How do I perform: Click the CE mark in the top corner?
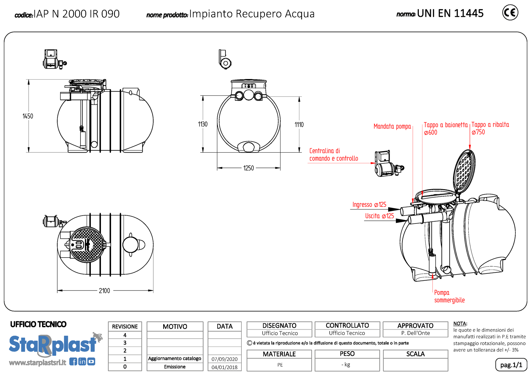tap(510, 13)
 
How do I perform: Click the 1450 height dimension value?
tap(28, 116)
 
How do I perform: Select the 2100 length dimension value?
tap(105, 291)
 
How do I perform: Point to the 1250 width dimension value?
tap(249, 168)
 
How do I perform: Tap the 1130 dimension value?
tap(203, 124)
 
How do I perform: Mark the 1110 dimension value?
tap(299, 125)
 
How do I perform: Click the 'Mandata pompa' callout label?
tap(392, 126)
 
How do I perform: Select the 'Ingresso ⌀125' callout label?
tap(369, 205)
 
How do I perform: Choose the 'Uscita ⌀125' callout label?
tap(380, 216)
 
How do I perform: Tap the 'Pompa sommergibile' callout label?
tap(449, 296)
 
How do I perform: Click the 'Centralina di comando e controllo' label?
tap(333, 155)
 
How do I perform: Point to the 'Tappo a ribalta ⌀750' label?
tap(490, 128)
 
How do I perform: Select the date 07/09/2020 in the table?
tap(225, 359)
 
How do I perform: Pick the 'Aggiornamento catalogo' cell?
tap(175, 359)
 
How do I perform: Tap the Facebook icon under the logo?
tap(73, 362)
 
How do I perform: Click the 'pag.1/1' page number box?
tap(511, 365)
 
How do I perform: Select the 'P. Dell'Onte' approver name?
tap(415, 333)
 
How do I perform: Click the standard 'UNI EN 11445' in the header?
tap(450, 13)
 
